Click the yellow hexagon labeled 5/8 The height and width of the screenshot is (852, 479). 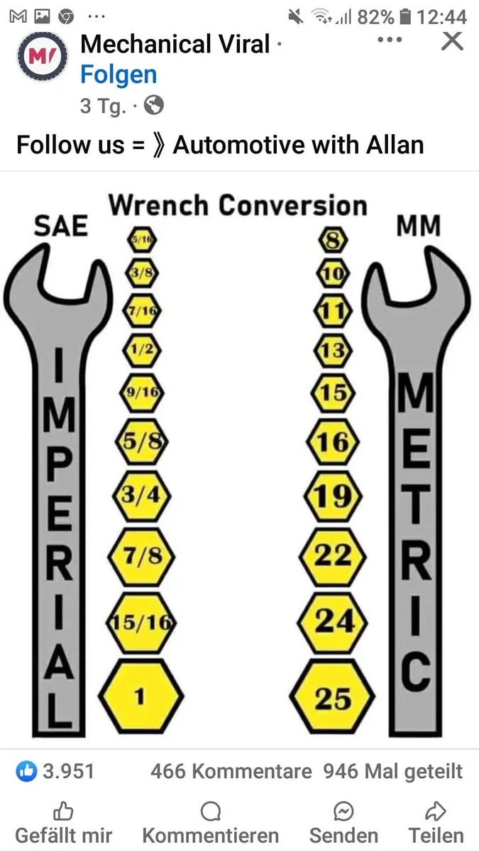142,442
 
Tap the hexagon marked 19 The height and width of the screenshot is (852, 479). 333,496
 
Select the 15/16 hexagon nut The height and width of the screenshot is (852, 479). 141,622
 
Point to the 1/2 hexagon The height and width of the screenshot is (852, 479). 142,350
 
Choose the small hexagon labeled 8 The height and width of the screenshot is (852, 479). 333,240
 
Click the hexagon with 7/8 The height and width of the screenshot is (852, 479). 141,557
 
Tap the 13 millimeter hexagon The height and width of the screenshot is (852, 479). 333,350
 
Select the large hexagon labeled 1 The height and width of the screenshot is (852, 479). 141,697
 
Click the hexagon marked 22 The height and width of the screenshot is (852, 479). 333,557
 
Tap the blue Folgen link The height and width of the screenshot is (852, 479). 119,74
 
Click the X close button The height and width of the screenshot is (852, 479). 453,40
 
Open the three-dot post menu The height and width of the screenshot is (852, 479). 390,40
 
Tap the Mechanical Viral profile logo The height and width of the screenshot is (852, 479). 42,56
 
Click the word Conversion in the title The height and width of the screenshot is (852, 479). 292,205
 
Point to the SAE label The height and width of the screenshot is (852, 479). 61,226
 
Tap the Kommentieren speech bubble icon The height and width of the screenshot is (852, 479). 211,812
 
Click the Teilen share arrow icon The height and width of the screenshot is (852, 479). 436,811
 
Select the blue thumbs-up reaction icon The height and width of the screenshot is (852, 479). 27,771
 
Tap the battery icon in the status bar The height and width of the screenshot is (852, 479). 406,17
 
